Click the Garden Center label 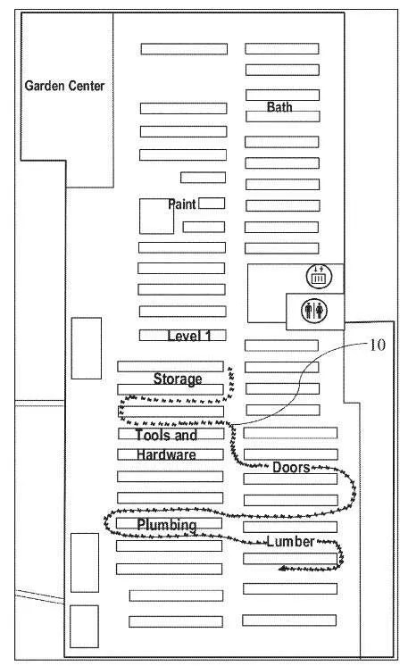pos(64,86)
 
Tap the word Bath pos(279,106)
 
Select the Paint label pos(182,204)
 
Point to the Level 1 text pos(189,336)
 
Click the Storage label pos(178,379)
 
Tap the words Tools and pos(166,435)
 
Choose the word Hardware pos(166,454)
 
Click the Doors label pos(291,467)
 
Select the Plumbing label pos(167,525)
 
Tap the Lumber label pos(290,542)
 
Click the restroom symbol pos(314,310)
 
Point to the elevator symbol pos(319,277)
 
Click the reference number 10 pos(378,345)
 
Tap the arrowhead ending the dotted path pos(282,569)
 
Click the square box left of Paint pos(156,216)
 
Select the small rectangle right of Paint pos(212,203)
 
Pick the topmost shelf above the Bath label pos(282,48)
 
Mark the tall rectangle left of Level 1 pos(87,348)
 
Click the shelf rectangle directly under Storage pos(171,389)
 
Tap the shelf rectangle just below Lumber pos(290,559)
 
